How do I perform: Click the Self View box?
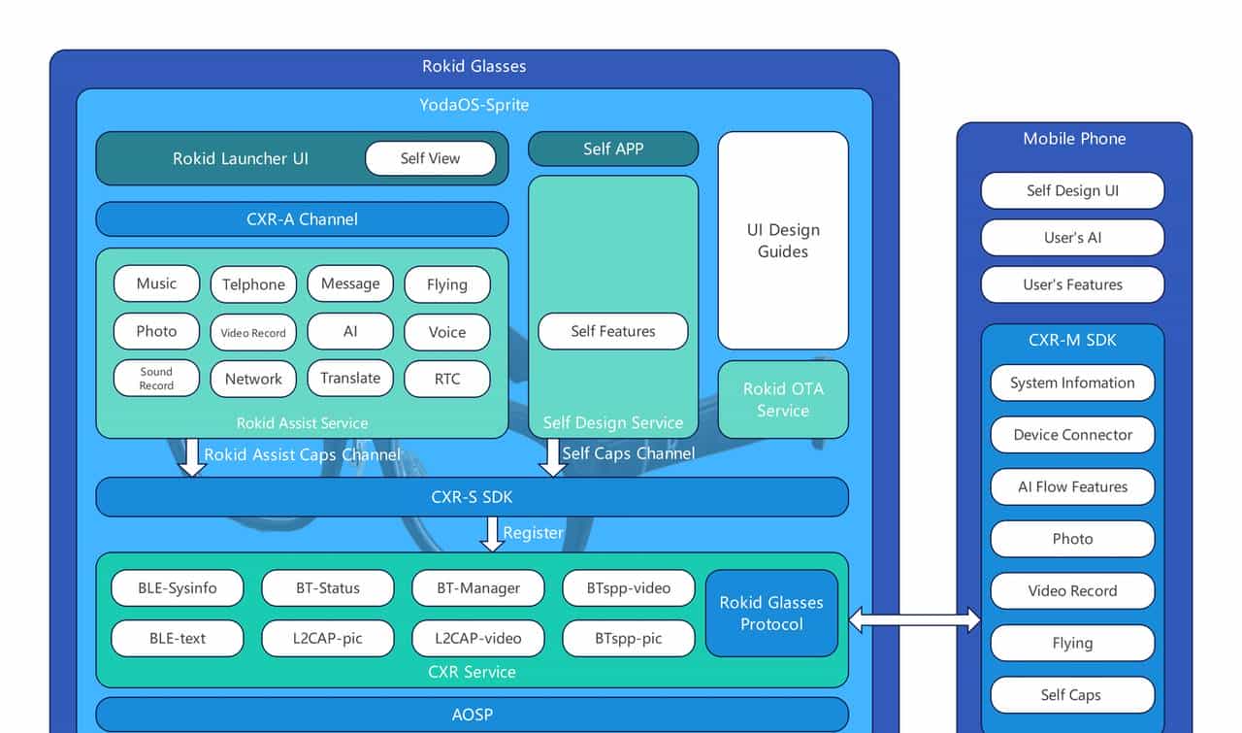click(x=430, y=158)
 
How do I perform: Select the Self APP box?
click(x=613, y=150)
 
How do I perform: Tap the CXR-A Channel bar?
click(x=302, y=219)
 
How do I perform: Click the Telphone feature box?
click(x=253, y=284)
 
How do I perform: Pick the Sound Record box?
click(x=156, y=379)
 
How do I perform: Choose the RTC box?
click(x=447, y=379)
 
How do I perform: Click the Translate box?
click(x=350, y=379)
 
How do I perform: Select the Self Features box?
click(x=613, y=331)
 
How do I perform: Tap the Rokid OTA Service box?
click(x=783, y=399)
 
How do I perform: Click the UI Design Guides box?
click(x=783, y=241)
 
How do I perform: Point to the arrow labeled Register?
click(x=493, y=534)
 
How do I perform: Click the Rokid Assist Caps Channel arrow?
click(x=192, y=457)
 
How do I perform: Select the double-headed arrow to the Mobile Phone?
click(x=915, y=619)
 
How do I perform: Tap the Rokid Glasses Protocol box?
click(x=771, y=614)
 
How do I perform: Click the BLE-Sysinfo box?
click(x=178, y=588)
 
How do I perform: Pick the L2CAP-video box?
click(x=478, y=639)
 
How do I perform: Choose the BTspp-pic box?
click(x=629, y=639)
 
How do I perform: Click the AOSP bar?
click(x=473, y=715)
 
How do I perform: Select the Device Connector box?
click(x=1072, y=435)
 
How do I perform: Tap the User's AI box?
click(x=1072, y=238)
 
